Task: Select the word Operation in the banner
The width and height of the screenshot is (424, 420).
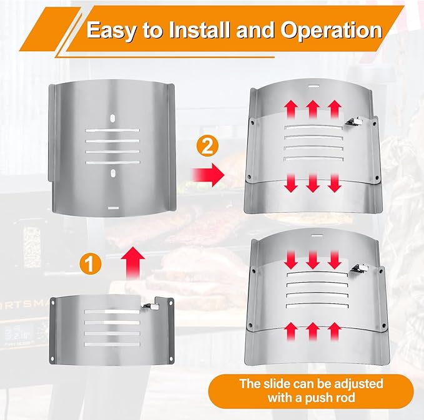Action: [331, 30]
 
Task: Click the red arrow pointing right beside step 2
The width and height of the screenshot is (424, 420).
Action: [208, 174]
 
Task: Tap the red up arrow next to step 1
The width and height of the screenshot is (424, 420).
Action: [132, 262]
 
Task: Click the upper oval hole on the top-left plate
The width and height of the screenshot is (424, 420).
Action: [112, 119]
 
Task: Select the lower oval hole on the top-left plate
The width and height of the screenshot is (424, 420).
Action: [113, 173]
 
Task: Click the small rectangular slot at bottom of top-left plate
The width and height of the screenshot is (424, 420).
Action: [113, 208]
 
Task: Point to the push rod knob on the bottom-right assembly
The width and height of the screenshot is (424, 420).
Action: [360, 268]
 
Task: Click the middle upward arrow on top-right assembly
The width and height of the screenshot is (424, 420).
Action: [313, 109]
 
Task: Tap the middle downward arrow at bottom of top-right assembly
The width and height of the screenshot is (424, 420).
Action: [313, 183]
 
